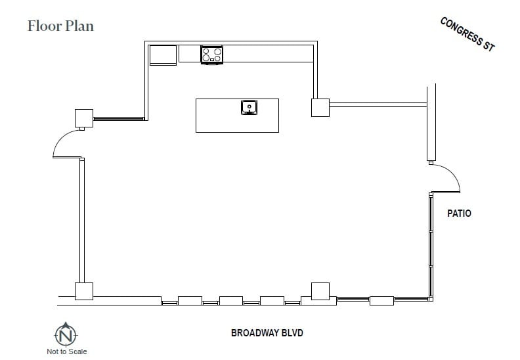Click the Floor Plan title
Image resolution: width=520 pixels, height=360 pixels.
[x=60, y=26]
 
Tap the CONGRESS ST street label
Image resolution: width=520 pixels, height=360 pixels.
[x=467, y=34]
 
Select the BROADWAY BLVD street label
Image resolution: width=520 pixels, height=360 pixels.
[x=267, y=333]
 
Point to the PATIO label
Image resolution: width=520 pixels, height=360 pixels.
[x=459, y=214]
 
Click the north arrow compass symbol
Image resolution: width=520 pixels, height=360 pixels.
[x=66, y=334]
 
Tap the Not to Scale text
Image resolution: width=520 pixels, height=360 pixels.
[x=66, y=351]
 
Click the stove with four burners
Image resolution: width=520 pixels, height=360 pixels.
[x=211, y=55]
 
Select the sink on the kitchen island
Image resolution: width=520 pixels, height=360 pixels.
[x=249, y=106]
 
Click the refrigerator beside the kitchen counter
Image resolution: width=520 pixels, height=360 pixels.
[x=163, y=55]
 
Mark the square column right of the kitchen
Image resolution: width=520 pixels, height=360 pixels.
[x=320, y=107]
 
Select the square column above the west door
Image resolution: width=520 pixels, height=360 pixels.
[x=84, y=118]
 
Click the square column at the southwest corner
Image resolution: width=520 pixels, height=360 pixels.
[x=83, y=292]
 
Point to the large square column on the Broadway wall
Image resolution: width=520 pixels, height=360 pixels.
[x=320, y=291]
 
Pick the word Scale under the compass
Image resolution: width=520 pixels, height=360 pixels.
[x=77, y=351]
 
